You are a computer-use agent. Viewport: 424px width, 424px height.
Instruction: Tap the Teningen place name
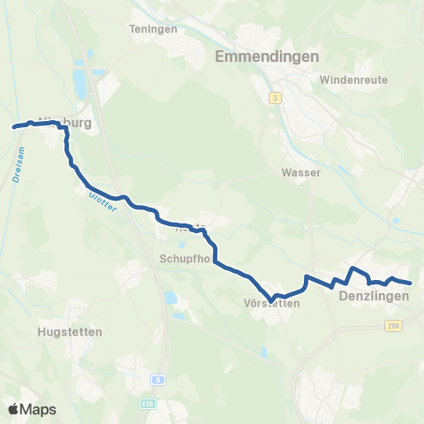(x=154, y=28)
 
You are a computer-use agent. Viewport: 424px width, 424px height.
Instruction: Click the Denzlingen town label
(x=374, y=297)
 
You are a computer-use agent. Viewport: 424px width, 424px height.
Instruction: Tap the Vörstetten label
(x=271, y=303)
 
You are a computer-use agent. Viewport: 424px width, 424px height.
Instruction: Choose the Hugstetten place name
(x=71, y=332)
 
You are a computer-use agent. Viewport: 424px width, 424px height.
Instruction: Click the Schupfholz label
(x=186, y=259)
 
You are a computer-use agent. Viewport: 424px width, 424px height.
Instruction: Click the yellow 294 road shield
(x=393, y=326)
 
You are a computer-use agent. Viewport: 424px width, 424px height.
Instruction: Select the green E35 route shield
(x=149, y=404)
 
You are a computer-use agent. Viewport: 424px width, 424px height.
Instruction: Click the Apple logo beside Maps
(x=13, y=409)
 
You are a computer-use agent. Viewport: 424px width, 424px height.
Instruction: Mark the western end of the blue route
(x=13, y=128)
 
